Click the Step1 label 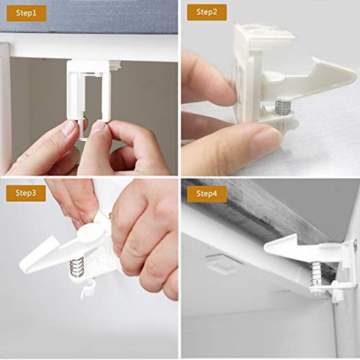point(25,12)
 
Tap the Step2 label point(206,12)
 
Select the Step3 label point(26,194)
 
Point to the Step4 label point(206,194)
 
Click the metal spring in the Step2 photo point(283,107)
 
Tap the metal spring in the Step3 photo point(79,267)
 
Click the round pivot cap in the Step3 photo point(89,234)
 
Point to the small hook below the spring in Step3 point(87,289)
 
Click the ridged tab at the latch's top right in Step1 point(114,65)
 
